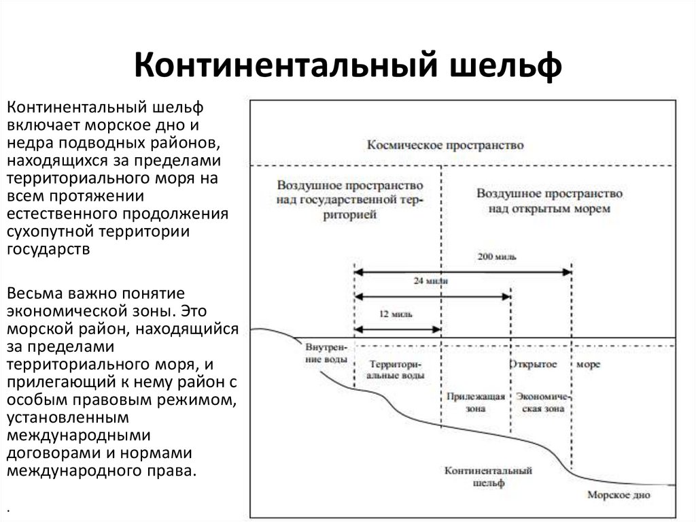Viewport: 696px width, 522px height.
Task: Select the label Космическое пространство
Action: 445,145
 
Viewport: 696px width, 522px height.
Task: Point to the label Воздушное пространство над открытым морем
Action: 549,201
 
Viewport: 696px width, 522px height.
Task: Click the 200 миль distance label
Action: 496,257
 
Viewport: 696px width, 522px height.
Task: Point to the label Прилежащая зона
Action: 476,403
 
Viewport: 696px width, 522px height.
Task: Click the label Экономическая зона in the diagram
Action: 541,403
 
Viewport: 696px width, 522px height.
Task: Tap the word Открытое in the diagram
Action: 533,364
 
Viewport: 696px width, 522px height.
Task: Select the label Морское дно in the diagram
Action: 618,495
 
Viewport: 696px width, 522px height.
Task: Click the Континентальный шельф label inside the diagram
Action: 487,476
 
